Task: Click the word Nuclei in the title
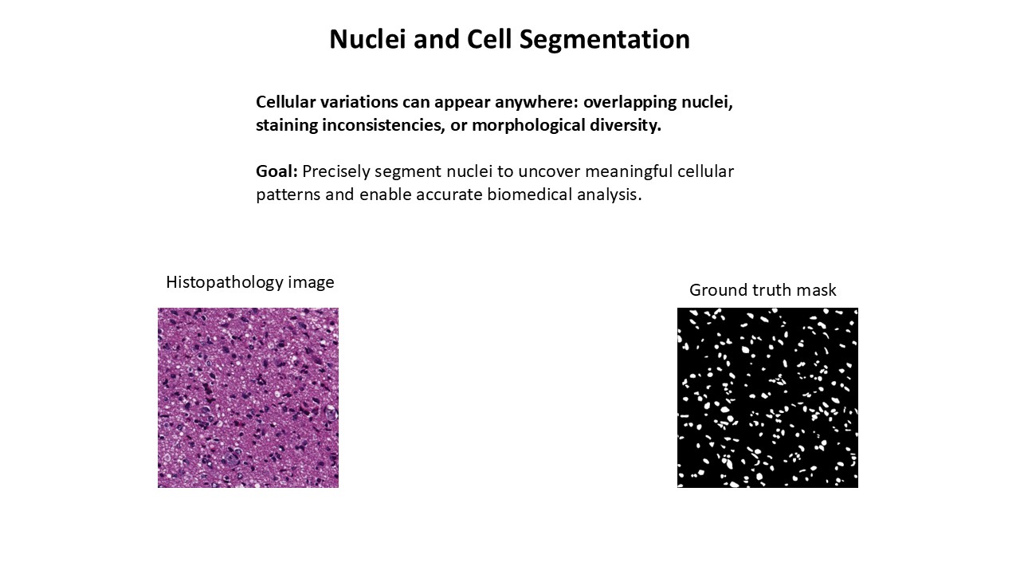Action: pyautogui.click(x=367, y=39)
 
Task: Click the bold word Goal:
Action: pyautogui.click(x=277, y=171)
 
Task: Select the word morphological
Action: pyautogui.click(x=528, y=126)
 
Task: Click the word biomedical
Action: pyautogui.click(x=530, y=195)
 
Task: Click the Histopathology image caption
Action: pyautogui.click(x=250, y=283)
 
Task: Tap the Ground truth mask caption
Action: pyautogui.click(x=763, y=290)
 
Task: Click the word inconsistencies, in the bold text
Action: pyautogui.click(x=384, y=126)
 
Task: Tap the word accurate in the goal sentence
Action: pyautogui.click(x=449, y=195)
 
